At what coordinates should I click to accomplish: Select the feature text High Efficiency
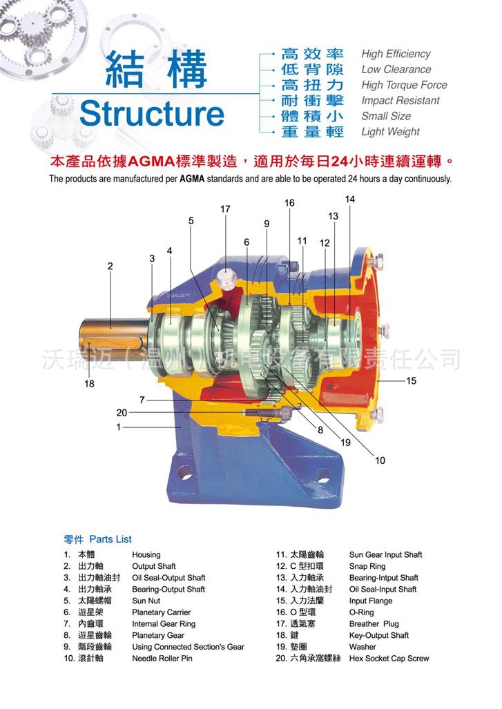pyautogui.click(x=395, y=54)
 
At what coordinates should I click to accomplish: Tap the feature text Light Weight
pyautogui.click(x=390, y=131)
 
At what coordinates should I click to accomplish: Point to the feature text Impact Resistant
pyautogui.click(x=399, y=101)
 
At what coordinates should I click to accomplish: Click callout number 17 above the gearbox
pyautogui.click(x=225, y=209)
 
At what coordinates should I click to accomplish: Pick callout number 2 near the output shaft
pyautogui.click(x=110, y=266)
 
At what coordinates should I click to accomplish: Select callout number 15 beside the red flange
pyautogui.click(x=411, y=380)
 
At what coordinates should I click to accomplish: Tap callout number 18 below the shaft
pyautogui.click(x=89, y=384)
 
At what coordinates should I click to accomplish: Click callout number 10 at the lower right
pyautogui.click(x=380, y=460)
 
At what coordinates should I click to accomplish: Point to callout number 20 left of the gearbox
pyautogui.click(x=122, y=413)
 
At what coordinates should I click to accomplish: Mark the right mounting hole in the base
pyautogui.click(x=322, y=476)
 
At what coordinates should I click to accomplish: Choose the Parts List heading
pyautogui.click(x=97, y=539)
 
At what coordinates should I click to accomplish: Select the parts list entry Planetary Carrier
pyautogui.click(x=161, y=612)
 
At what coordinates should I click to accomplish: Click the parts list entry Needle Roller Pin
pyautogui.click(x=162, y=659)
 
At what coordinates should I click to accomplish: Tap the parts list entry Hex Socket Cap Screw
pyautogui.click(x=389, y=659)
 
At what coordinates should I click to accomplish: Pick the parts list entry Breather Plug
pyautogui.click(x=374, y=624)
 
